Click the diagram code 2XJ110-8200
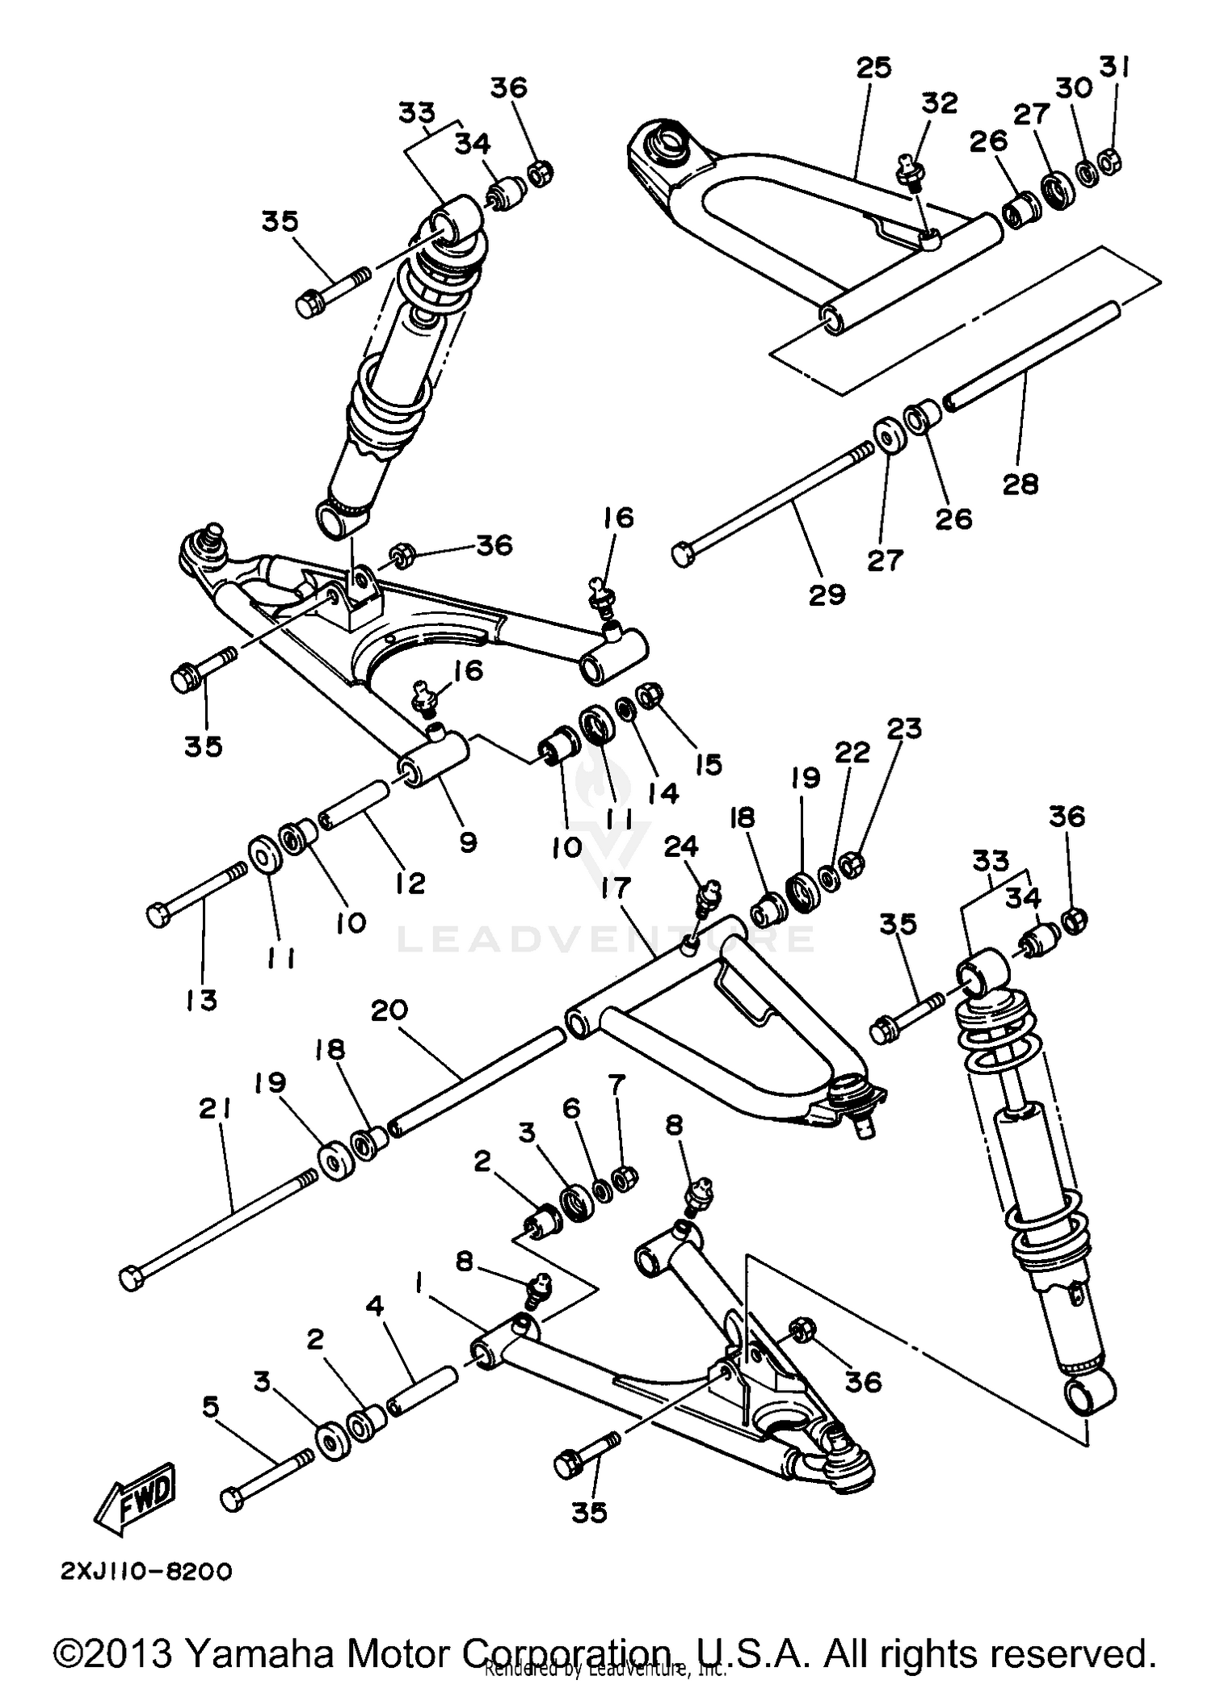tap(146, 1571)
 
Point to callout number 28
tap(1020, 485)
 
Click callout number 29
tap(827, 594)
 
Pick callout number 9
tap(468, 842)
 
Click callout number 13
tap(200, 1000)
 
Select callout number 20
tap(389, 1010)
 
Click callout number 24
tap(681, 846)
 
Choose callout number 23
tap(903, 729)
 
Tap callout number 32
tap(939, 103)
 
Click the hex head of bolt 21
tap(131, 1279)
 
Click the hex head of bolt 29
tap(683, 555)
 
